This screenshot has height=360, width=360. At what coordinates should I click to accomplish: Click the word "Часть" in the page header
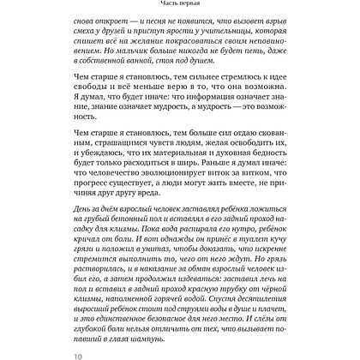coord(162,7)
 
